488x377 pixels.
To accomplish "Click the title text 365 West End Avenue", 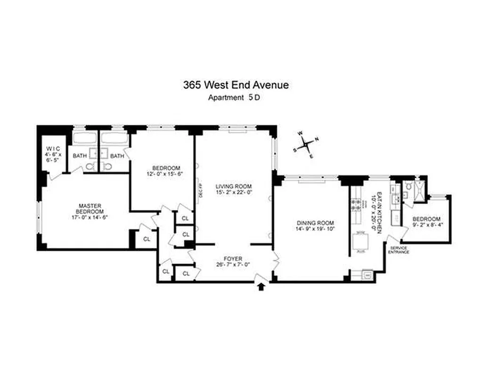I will (x=236, y=85).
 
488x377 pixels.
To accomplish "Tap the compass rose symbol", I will (x=306, y=144).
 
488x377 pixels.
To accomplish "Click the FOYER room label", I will (x=233, y=259).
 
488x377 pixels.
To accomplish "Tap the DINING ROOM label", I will (x=315, y=223).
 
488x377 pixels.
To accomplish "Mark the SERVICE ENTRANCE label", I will (x=399, y=250).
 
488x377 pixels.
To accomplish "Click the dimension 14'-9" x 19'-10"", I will (x=315, y=229).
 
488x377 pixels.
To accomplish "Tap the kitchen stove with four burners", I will (x=355, y=204).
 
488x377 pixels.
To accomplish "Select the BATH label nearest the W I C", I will (x=79, y=156).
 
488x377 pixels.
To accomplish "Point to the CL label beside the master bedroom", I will (x=147, y=239).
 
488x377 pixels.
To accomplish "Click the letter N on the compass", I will (x=317, y=139).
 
